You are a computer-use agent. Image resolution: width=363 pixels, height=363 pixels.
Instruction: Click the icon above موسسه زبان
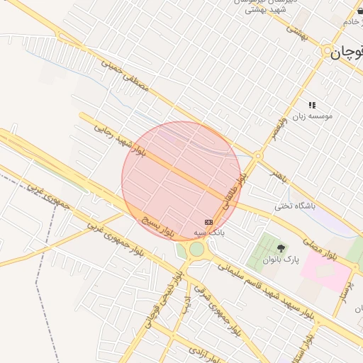312,105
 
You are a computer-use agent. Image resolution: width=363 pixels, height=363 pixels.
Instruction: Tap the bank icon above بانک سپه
208,222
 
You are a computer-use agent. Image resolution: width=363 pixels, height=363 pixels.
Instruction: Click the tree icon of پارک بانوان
281,248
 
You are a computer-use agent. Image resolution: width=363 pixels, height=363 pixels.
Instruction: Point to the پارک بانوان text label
281,259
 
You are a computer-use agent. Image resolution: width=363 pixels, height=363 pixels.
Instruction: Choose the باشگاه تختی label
294,206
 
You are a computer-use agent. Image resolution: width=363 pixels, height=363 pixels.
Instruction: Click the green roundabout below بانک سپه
196,250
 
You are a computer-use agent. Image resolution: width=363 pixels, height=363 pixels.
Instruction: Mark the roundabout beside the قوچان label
328,52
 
